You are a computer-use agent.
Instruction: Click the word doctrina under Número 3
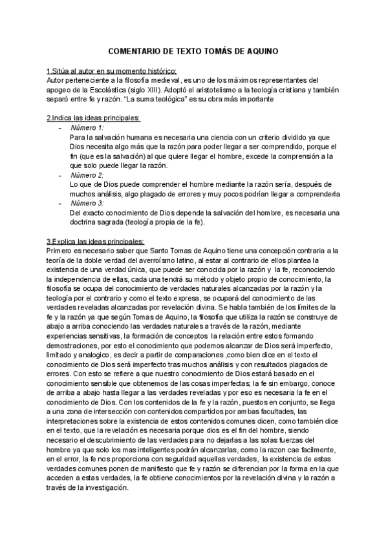tap(87, 222)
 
